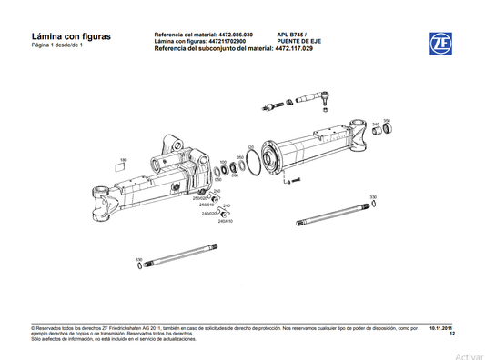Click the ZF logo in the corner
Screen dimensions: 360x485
coord(440,43)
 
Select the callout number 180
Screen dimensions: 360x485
coord(124,160)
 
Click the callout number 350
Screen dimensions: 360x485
coord(387,120)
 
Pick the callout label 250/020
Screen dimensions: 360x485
coord(212,198)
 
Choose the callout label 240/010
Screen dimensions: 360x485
coord(224,222)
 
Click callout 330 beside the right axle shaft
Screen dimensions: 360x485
coord(373,196)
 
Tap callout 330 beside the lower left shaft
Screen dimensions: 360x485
coord(138,259)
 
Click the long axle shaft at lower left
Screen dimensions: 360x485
coord(183,254)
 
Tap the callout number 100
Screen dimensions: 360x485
coord(224,163)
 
